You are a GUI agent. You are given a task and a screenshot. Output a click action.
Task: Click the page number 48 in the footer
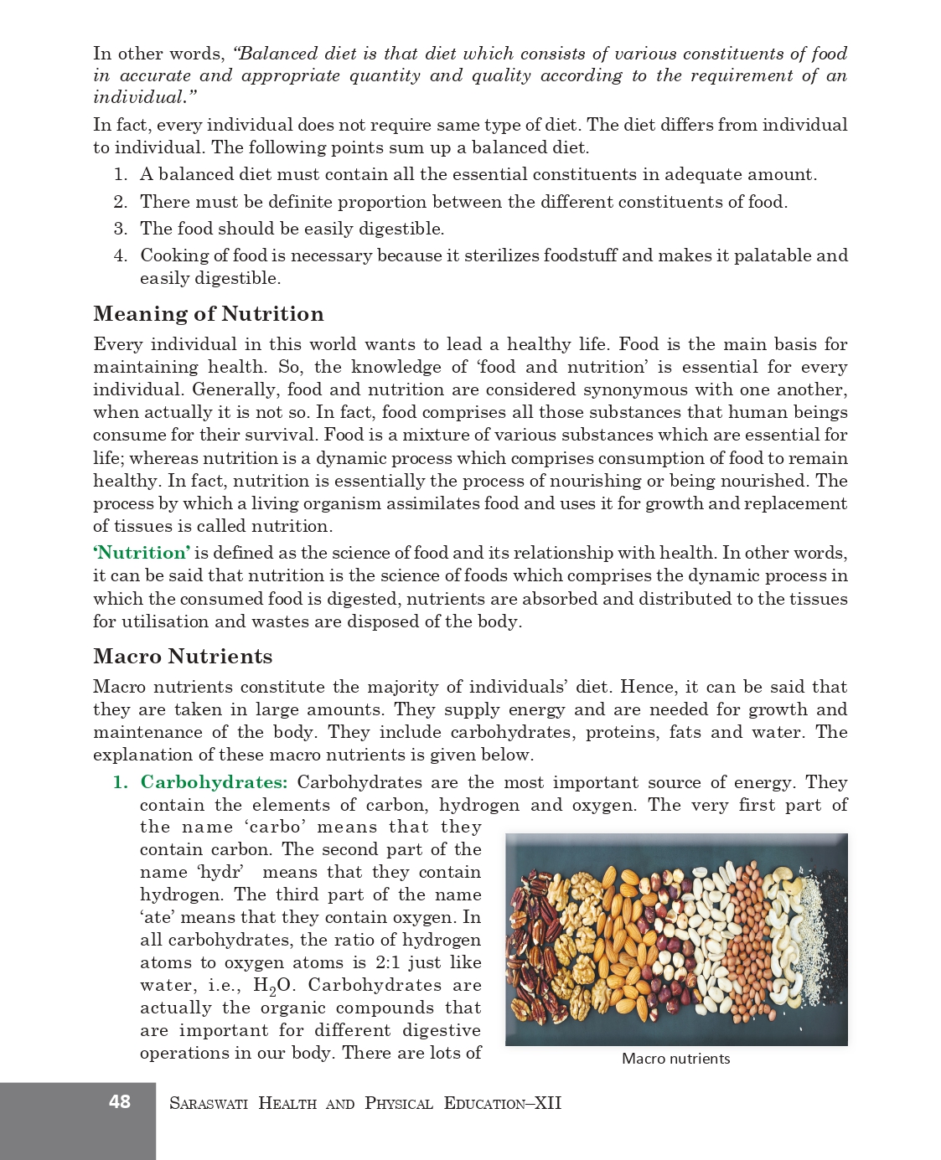click(120, 1101)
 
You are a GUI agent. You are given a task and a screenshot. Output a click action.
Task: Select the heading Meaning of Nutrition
click(209, 314)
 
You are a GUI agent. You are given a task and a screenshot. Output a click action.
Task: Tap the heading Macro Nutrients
click(183, 657)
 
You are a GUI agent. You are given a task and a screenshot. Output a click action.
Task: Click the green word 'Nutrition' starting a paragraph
click(142, 553)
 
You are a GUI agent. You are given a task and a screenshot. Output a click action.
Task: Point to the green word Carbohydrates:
click(214, 782)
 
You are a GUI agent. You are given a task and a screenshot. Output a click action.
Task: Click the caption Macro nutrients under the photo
click(675, 1059)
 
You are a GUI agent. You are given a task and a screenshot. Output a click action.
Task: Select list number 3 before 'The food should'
click(121, 229)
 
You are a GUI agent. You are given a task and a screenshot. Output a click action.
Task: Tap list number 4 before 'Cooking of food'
click(121, 255)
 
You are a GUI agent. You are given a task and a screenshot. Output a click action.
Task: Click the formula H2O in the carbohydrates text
click(271, 986)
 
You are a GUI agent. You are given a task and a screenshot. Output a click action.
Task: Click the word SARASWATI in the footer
click(209, 1103)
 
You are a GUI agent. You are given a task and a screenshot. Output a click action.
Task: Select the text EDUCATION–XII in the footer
click(502, 1103)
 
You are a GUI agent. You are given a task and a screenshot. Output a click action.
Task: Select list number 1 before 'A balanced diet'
click(121, 175)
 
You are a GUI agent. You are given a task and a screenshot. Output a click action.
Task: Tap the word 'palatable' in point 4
click(773, 255)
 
